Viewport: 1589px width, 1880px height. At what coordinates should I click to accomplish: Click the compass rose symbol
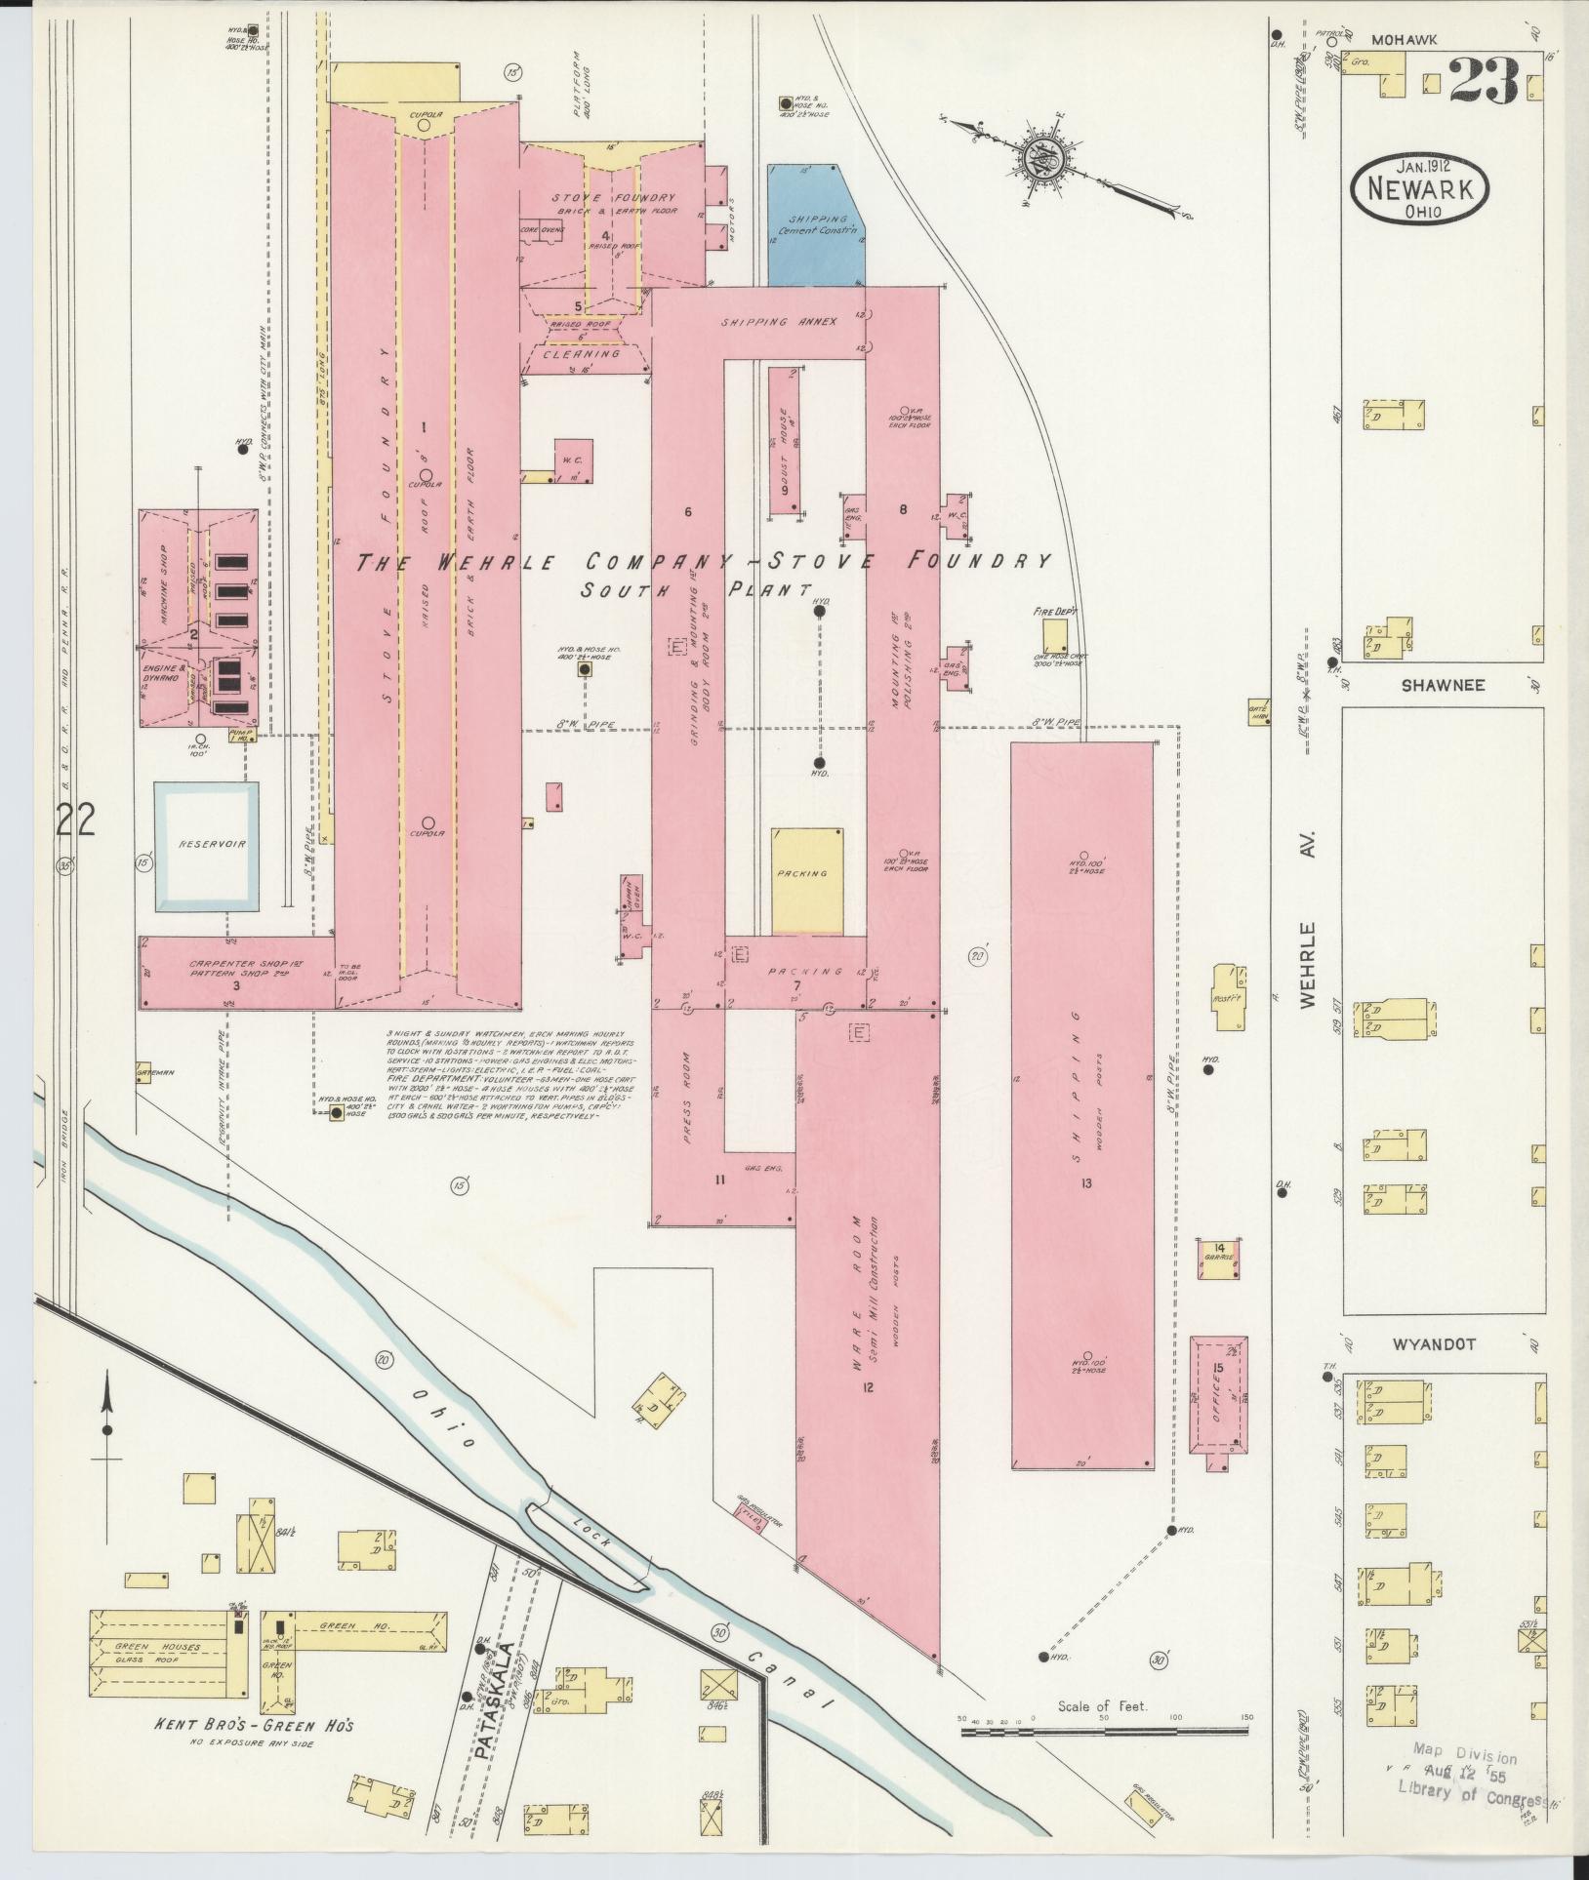click(x=1039, y=157)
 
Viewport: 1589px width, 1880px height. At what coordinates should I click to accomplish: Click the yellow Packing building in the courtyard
click(x=806, y=881)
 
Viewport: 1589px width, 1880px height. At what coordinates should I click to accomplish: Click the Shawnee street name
click(x=1443, y=685)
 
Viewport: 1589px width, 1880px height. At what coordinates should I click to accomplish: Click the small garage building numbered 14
click(x=1219, y=1258)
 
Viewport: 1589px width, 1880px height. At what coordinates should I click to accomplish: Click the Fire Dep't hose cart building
click(x=1053, y=636)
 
